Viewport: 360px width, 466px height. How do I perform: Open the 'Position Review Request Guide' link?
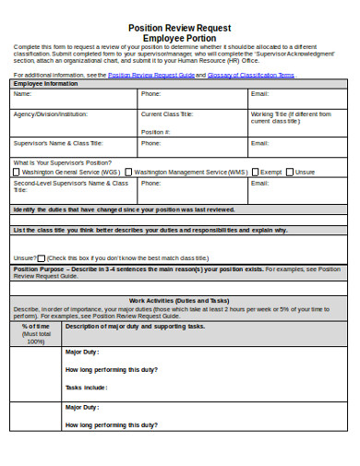pyautogui.click(x=150, y=75)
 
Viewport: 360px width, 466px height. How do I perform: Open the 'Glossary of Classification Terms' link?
pyautogui.click(x=250, y=75)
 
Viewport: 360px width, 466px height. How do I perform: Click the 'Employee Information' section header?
pyautogui.click(x=45, y=84)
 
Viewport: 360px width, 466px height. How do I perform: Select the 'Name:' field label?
pyautogui.click(x=22, y=94)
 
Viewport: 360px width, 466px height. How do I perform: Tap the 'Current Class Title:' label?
pyautogui.click(x=166, y=114)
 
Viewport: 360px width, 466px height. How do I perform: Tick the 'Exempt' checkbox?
pyautogui.click(x=256, y=172)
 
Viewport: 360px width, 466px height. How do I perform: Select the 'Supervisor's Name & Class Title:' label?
pyautogui.click(x=57, y=143)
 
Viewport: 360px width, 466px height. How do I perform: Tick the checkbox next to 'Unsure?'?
pyautogui.click(x=42, y=257)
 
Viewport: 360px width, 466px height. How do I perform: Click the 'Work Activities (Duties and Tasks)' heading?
pyautogui.click(x=179, y=301)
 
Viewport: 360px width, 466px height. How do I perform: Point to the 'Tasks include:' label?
pyautogui.click(x=86, y=388)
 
